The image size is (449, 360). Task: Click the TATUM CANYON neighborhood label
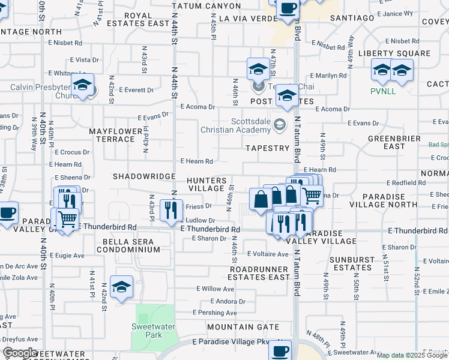click(x=206, y=6)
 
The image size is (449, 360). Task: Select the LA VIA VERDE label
click(x=247, y=19)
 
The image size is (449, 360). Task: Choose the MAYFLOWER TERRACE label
click(x=112, y=135)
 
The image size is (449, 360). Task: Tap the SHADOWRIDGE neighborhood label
click(x=143, y=176)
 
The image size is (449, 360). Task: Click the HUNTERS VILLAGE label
click(x=206, y=184)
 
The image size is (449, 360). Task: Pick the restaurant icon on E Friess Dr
click(x=172, y=208)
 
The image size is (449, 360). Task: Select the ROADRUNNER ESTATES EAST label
click(x=259, y=273)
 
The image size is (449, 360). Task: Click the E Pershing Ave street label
click(x=215, y=313)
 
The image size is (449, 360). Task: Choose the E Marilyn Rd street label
click(x=328, y=76)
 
